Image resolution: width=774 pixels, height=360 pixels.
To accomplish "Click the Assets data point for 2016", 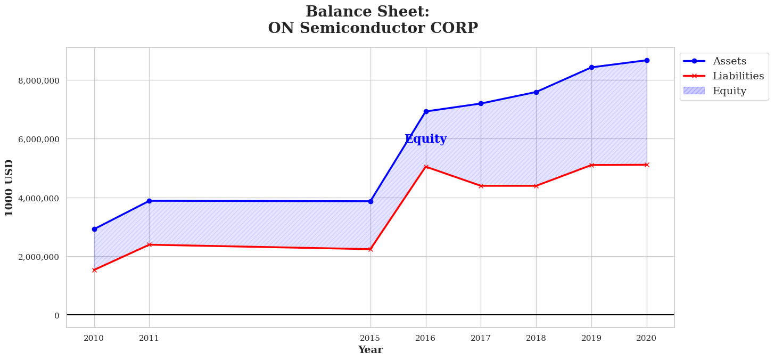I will pyautogui.click(x=426, y=111).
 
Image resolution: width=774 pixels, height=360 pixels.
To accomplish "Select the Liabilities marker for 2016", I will pyautogui.click(x=426, y=167).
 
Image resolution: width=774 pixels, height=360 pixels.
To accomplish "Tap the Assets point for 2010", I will pyautogui.click(x=94, y=229).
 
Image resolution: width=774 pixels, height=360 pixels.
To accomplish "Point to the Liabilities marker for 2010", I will pyautogui.click(x=94, y=270).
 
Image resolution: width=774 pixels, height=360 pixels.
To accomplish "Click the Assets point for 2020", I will pyautogui.click(x=647, y=60).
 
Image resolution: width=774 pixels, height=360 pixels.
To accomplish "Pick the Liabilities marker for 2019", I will pyautogui.click(x=591, y=165).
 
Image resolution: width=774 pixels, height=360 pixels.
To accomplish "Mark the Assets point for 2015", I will pyautogui.click(x=370, y=201).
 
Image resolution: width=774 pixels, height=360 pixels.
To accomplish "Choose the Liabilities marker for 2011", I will pyautogui.click(x=149, y=244).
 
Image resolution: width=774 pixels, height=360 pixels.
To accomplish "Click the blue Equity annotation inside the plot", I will pyautogui.click(x=425, y=139).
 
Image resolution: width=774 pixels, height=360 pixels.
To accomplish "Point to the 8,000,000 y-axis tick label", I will pyautogui.click(x=39, y=80).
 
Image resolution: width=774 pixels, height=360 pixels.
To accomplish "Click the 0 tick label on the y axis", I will pyautogui.click(x=56, y=315).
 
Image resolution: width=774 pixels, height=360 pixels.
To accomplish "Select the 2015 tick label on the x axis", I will pyautogui.click(x=370, y=338).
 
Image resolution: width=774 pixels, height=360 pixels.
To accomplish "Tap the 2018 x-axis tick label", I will pyautogui.click(x=536, y=338).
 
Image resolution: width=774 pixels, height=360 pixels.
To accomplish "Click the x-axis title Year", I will pyautogui.click(x=370, y=350).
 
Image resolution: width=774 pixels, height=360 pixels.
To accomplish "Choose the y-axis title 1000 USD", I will pyautogui.click(x=9, y=187).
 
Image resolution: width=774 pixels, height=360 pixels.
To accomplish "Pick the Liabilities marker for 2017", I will pyautogui.click(x=481, y=186).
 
